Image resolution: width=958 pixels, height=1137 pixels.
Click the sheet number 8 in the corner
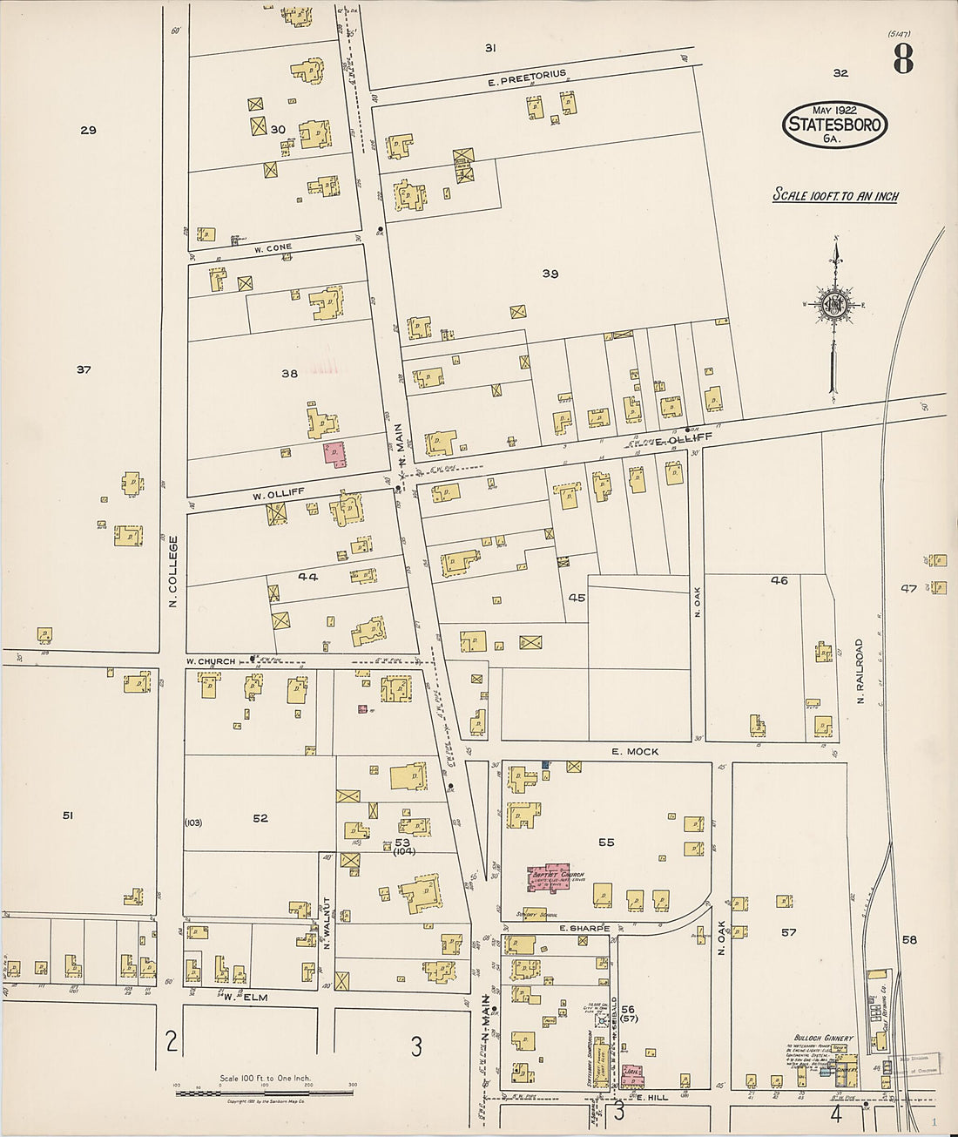tap(902, 59)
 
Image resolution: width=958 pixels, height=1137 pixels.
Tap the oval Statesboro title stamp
tap(834, 125)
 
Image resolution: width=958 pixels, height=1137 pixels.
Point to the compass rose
tap(834, 304)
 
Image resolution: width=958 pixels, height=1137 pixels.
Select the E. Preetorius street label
tap(527, 78)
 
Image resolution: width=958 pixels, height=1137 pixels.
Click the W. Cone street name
tap(273, 248)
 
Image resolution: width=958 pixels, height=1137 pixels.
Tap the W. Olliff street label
tap(278, 493)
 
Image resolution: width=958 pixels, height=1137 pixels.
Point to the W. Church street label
tap(211, 661)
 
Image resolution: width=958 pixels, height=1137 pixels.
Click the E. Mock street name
tap(635, 751)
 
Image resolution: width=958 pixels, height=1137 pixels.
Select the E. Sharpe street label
tap(584, 929)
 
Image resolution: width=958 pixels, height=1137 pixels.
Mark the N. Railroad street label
tap(860, 671)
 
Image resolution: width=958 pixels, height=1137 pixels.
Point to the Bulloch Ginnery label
tap(822, 1039)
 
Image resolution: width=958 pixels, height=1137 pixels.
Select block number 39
tap(550, 274)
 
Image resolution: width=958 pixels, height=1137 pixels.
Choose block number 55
tap(606, 843)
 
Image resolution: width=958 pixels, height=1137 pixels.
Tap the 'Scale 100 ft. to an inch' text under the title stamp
tap(835, 196)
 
